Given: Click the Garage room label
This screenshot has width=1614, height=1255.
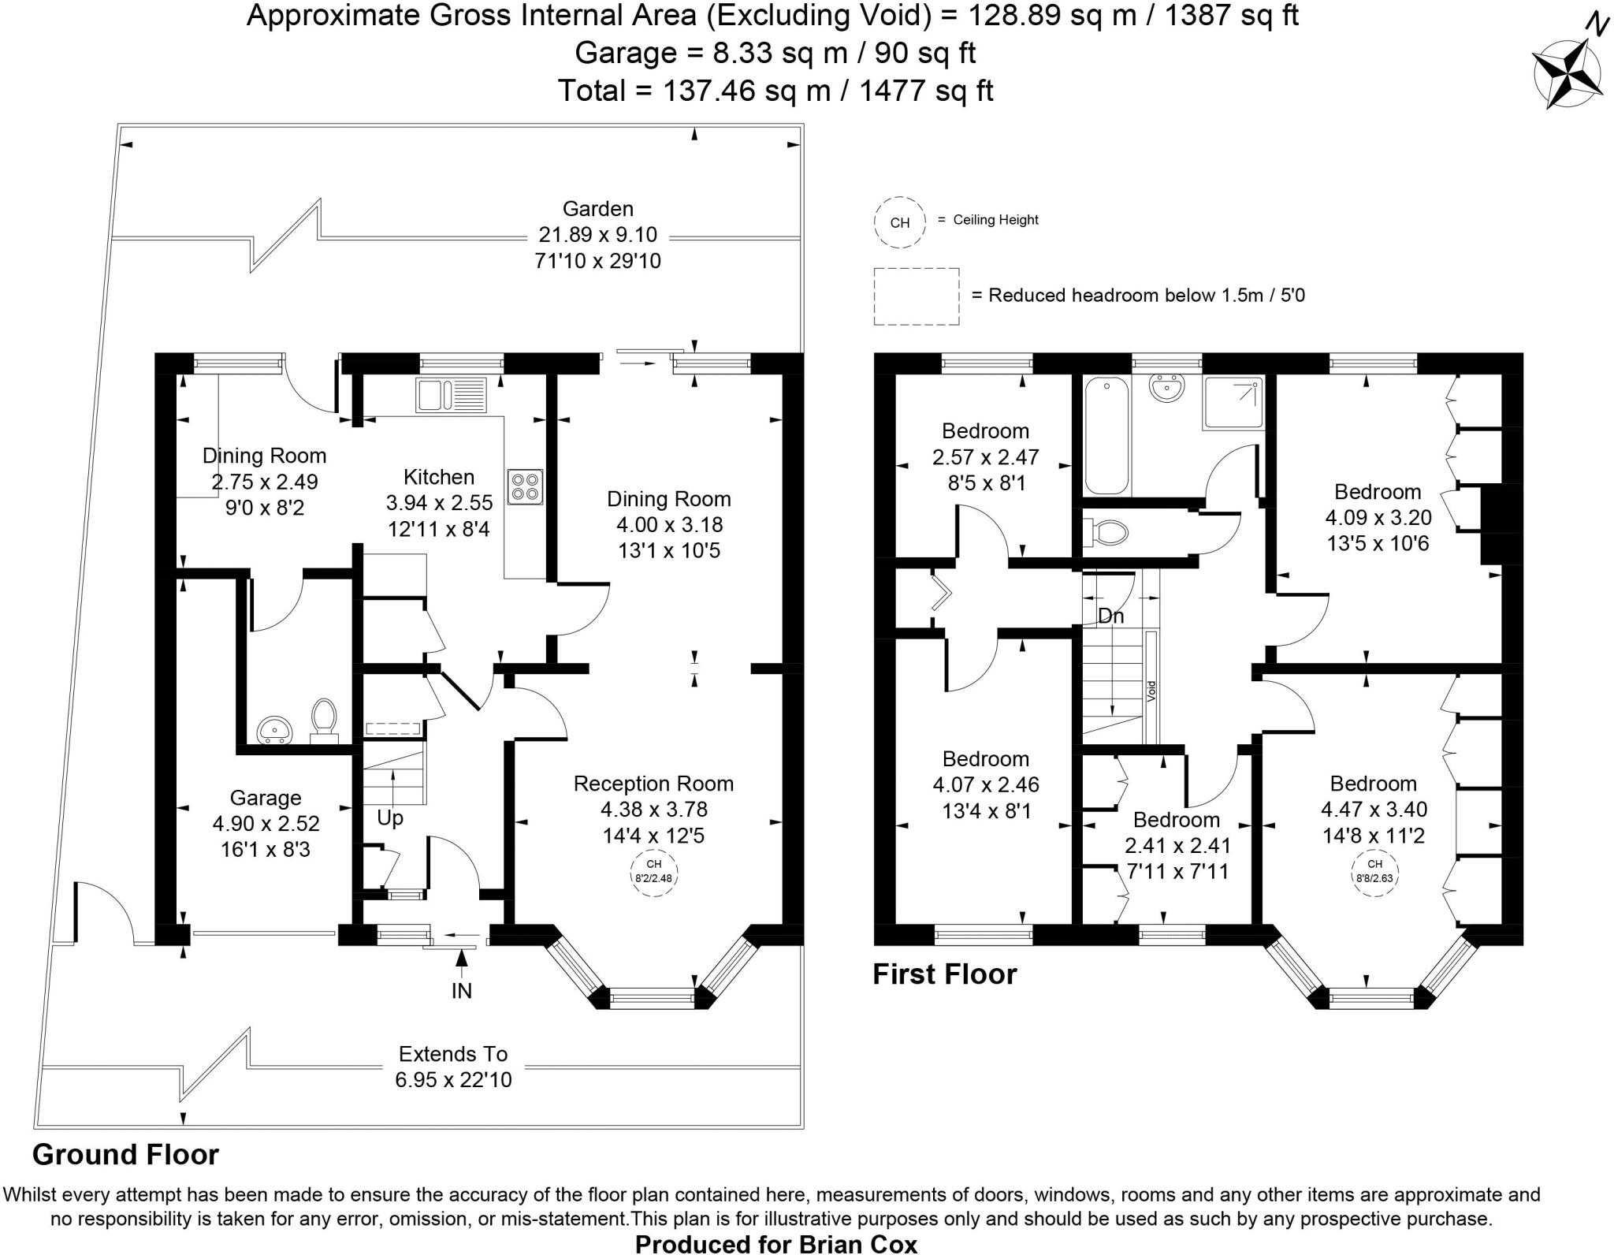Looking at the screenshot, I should tap(266, 798).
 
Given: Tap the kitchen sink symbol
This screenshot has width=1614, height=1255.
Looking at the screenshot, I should tap(452, 394).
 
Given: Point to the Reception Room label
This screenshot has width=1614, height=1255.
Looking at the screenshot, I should tap(653, 784).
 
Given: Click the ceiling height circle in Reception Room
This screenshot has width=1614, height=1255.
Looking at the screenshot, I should tap(653, 871).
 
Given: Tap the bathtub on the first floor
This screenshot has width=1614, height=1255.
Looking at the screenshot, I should tap(1106, 434).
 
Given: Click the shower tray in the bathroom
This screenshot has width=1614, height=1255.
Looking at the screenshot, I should tap(1233, 403).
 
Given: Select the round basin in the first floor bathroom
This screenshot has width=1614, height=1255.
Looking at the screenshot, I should tap(1166, 388).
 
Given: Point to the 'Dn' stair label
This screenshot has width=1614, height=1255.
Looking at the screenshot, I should tap(1110, 616).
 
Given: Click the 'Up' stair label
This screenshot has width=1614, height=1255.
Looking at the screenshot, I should tap(390, 818).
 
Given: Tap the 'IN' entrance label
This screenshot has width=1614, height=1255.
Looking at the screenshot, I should tap(462, 990).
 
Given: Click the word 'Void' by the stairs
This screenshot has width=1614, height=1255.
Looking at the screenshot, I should tap(1151, 691).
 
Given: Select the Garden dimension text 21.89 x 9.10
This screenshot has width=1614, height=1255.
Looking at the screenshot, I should tap(597, 235).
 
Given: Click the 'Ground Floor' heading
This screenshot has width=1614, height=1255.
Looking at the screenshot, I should tap(125, 1154).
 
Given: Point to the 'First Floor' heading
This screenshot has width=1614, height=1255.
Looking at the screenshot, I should tap(944, 974).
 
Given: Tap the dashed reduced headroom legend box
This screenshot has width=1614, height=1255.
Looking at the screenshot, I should tap(916, 296).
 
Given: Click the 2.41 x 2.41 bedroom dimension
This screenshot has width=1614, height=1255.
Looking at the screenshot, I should tap(1177, 846).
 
